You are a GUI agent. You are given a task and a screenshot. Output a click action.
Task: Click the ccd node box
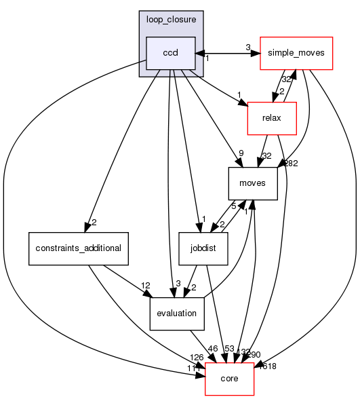[x=171, y=53]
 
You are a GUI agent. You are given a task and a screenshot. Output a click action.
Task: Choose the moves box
[x=253, y=184]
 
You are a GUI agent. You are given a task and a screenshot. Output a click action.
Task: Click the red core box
[x=229, y=379]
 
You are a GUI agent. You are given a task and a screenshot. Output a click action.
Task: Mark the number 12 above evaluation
[x=145, y=285]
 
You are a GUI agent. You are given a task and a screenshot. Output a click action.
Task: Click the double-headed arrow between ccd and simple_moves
[x=227, y=53]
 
